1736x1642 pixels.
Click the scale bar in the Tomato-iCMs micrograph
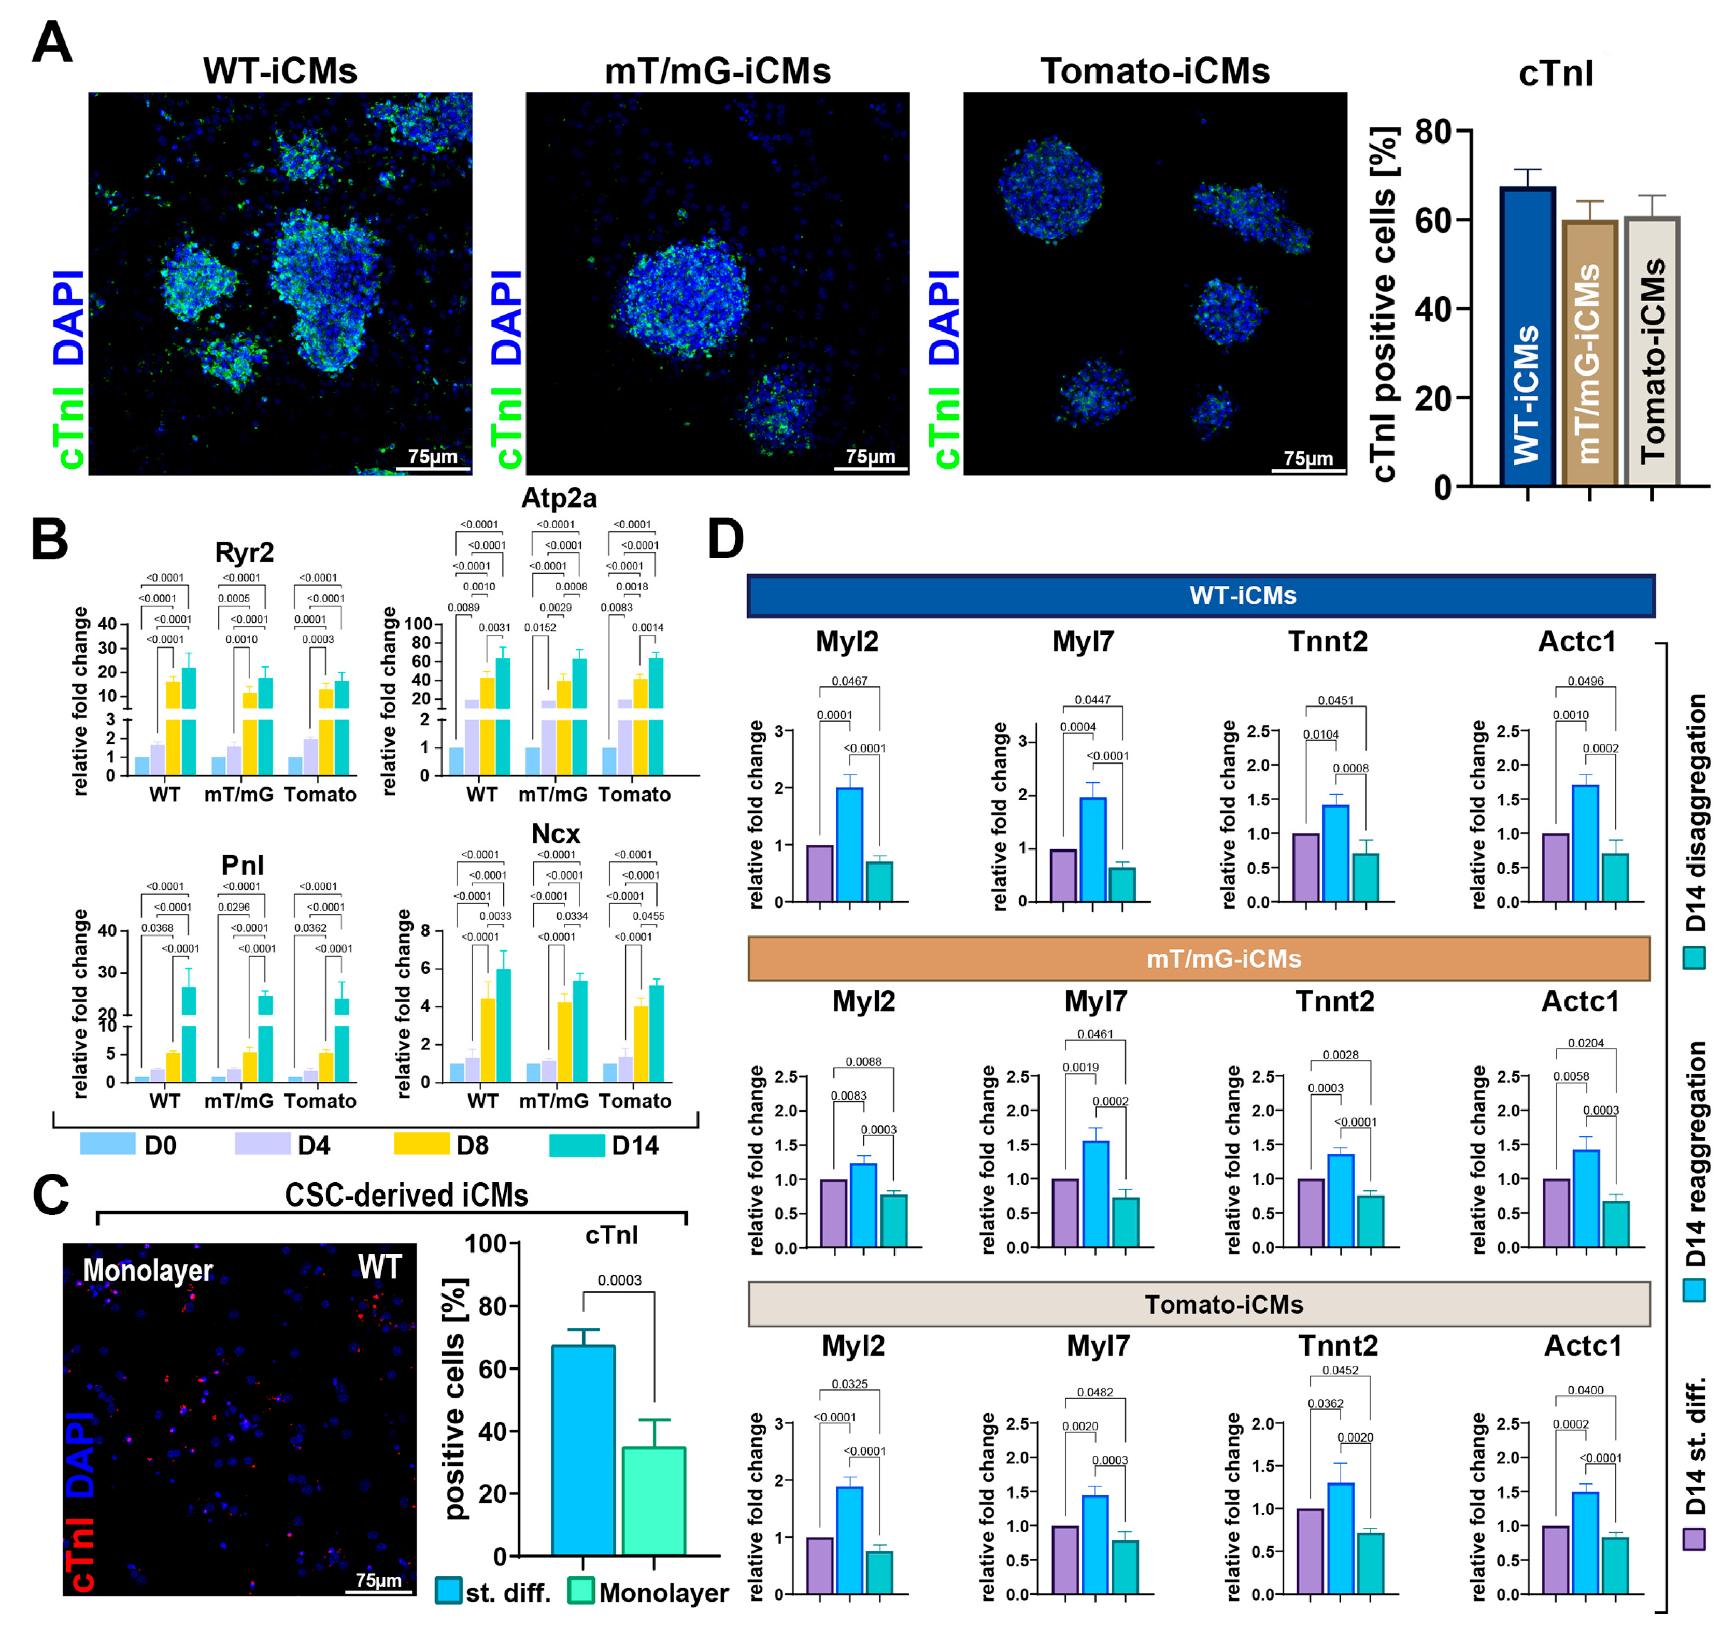click(x=1308, y=471)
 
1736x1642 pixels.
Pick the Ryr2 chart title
click(x=244, y=552)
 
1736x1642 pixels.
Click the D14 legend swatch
click(x=576, y=1145)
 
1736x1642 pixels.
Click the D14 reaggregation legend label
click(x=1695, y=1154)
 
